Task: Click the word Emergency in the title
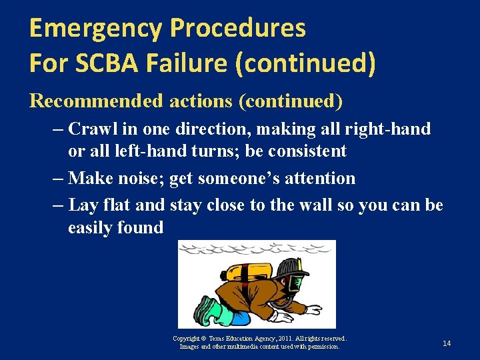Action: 96,29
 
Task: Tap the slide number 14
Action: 447,343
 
